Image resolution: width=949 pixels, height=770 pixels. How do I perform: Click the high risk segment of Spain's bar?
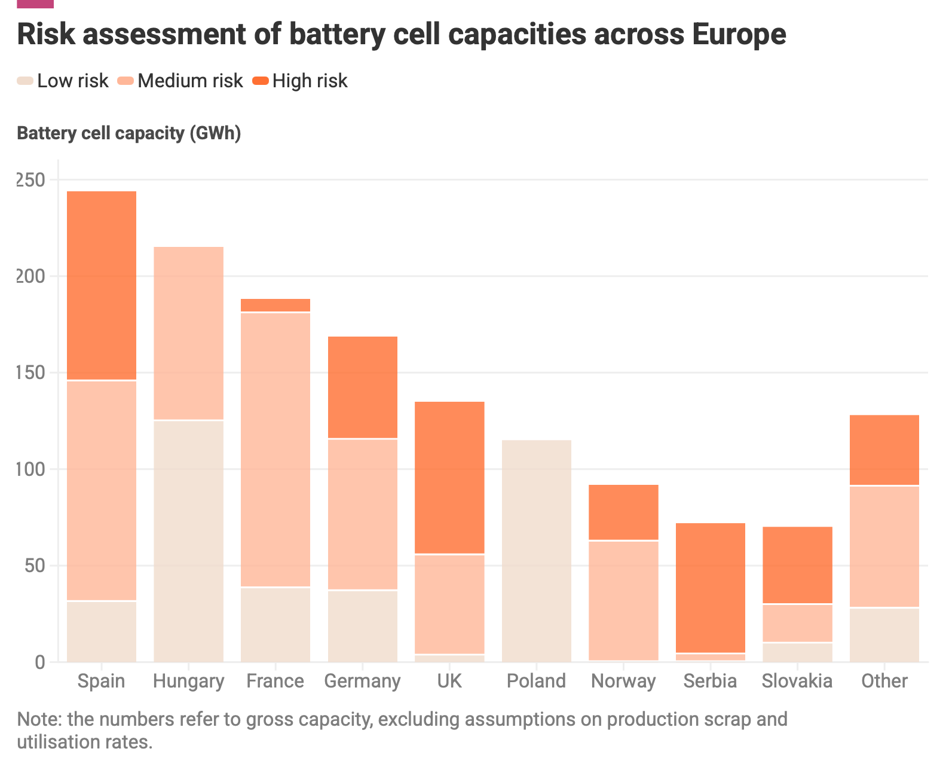(x=102, y=285)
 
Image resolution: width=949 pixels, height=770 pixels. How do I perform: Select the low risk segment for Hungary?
(x=188, y=541)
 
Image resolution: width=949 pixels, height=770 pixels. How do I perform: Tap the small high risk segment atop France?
(x=275, y=305)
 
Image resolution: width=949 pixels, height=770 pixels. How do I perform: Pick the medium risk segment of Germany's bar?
(x=363, y=514)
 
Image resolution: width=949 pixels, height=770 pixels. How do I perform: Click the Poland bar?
(x=537, y=551)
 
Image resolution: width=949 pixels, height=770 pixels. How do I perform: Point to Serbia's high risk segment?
(x=711, y=588)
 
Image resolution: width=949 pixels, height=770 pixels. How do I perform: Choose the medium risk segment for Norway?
(x=624, y=601)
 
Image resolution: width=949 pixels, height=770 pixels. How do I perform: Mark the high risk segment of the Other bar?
(x=884, y=450)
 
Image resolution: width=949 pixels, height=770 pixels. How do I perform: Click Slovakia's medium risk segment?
(x=798, y=623)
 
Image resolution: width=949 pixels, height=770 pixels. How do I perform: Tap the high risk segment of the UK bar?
(x=449, y=478)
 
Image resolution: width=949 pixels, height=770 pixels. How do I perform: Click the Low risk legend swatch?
(x=25, y=81)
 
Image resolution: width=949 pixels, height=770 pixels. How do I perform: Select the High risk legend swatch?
(x=260, y=81)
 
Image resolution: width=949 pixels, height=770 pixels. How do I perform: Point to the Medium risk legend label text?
(x=190, y=81)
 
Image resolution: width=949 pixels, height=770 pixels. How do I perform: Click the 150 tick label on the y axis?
(x=30, y=372)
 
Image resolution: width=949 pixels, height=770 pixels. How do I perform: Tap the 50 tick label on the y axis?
(x=35, y=566)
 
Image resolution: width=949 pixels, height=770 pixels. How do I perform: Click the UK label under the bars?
(x=449, y=681)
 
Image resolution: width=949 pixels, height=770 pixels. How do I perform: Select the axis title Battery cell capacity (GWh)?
(x=128, y=133)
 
